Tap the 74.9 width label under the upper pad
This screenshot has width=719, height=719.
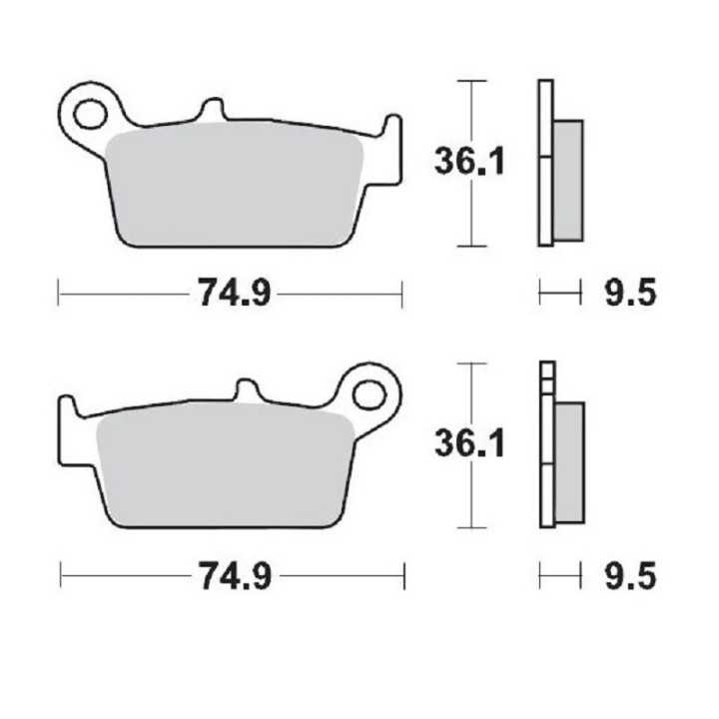tap(231, 294)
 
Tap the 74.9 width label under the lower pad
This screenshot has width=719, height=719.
tap(232, 575)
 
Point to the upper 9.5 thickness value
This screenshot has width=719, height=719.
tap(629, 294)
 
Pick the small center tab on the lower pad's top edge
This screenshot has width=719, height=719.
tap(249, 389)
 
